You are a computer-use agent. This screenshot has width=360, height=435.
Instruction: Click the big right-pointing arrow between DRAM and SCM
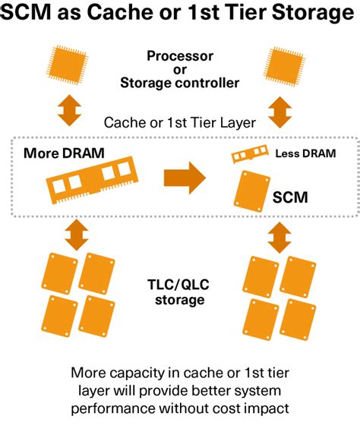[185, 178]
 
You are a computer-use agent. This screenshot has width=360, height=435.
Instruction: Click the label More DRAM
[64, 153]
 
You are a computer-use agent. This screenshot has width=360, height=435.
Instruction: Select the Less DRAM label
[305, 153]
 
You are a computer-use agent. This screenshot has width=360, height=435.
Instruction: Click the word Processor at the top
[180, 56]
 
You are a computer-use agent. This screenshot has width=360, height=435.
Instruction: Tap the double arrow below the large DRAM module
[74, 235]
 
